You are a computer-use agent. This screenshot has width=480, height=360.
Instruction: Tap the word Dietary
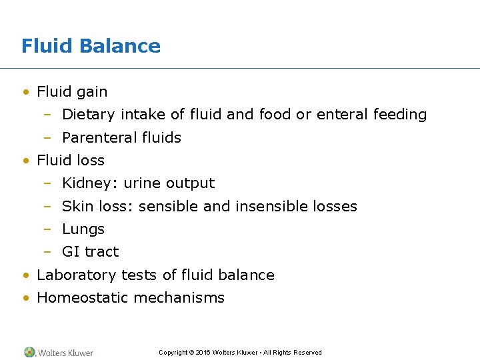[x=89, y=115]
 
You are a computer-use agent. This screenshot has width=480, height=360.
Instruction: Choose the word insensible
[x=265, y=207]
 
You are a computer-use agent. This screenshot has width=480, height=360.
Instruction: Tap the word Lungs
[x=83, y=229]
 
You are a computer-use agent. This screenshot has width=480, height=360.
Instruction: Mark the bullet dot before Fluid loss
[x=25, y=161]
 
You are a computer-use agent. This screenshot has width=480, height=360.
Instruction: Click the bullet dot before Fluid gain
[x=25, y=92]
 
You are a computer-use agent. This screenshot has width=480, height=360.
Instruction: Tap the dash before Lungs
[x=47, y=229]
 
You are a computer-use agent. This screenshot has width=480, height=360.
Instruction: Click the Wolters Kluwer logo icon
[x=29, y=352]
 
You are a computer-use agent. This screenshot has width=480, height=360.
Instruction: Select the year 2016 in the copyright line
[x=203, y=353]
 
